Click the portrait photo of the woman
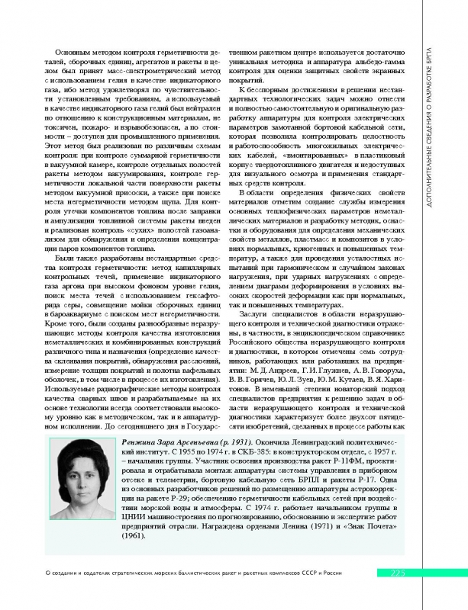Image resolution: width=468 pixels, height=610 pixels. click(x=85, y=483)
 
